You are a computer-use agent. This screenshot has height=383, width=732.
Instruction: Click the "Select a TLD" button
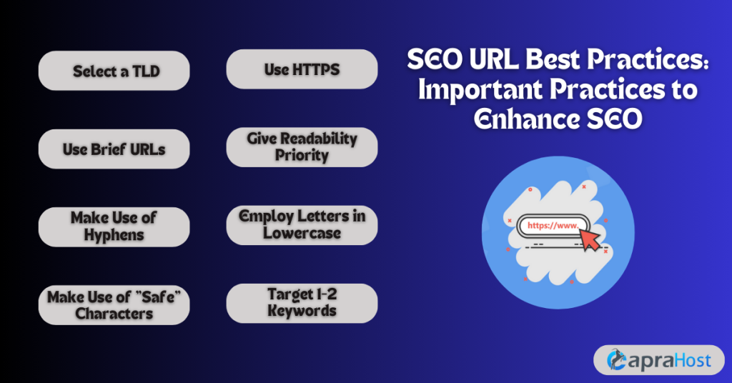pyautogui.click(x=114, y=71)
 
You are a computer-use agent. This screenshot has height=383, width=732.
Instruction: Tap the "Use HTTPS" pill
pyautogui.click(x=302, y=69)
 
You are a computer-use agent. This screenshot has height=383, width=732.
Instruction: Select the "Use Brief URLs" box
pyautogui.click(x=114, y=149)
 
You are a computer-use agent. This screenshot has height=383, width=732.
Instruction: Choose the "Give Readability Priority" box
pyautogui.click(x=302, y=146)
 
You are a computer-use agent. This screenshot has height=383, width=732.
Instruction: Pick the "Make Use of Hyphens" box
pyautogui.click(x=114, y=227)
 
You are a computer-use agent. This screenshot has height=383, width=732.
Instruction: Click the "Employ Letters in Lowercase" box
pyautogui.click(x=302, y=224)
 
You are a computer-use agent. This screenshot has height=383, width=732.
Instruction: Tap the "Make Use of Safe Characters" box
pyautogui.click(x=114, y=304)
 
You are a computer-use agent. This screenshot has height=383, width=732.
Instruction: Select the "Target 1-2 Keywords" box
pyautogui.click(x=302, y=302)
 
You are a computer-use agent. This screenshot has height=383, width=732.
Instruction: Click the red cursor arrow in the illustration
pyautogui.click(x=591, y=240)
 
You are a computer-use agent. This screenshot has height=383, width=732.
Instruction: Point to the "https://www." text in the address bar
pyautogui.click(x=552, y=226)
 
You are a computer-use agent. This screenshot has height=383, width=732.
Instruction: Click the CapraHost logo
pyautogui.click(x=658, y=359)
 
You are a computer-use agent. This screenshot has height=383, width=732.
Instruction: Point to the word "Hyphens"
pyautogui.click(x=114, y=234)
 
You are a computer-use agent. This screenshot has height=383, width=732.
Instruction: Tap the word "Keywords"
pyautogui.click(x=302, y=311)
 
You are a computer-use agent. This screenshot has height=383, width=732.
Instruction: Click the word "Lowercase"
pyautogui.click(x=302, y=233)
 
